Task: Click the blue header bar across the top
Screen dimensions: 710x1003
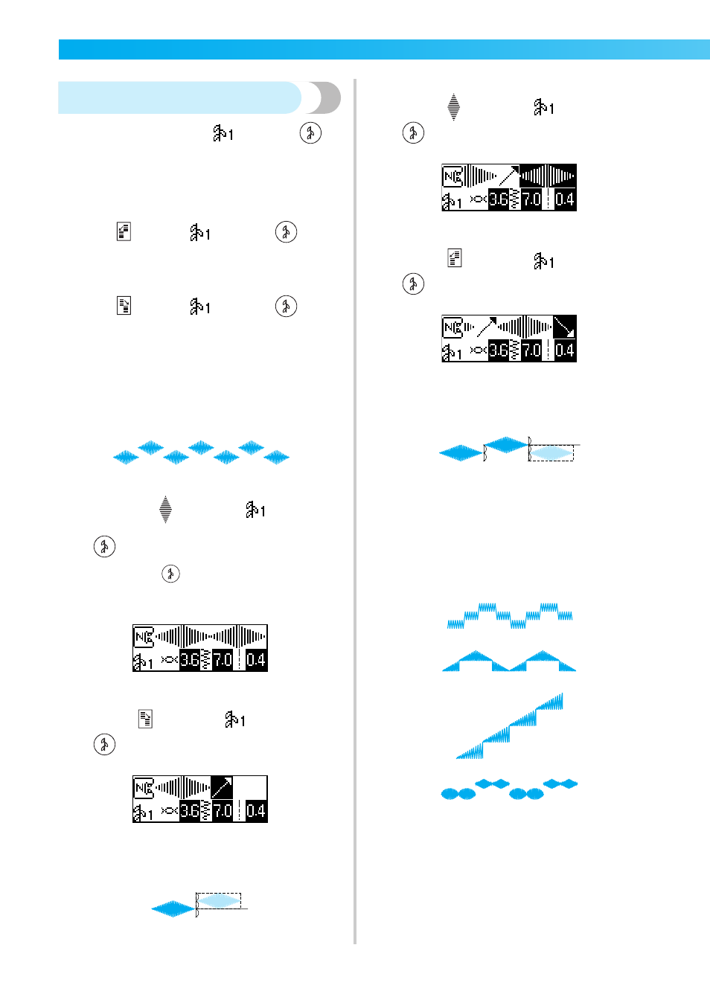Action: (384, 49)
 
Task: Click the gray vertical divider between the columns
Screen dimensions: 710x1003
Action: (355, 511)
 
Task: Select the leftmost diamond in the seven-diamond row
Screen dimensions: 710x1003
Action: (126, 457)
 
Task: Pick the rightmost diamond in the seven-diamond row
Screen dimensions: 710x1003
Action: (276, 457)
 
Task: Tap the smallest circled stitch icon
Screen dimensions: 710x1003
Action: (170, 574)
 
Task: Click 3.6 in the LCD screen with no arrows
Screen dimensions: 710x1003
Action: (190, 660)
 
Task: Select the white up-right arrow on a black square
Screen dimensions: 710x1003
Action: (222, 788)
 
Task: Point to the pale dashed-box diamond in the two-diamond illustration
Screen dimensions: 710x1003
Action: (219, 901)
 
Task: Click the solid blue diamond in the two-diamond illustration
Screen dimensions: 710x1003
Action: (173, 909)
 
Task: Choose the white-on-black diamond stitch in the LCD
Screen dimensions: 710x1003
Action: (548, 176)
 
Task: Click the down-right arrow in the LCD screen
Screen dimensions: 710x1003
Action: (564, 327)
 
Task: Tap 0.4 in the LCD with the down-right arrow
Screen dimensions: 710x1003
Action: (565, 350)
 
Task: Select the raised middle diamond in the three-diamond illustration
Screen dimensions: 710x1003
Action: (506, 445)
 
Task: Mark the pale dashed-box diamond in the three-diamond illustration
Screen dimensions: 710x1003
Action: (551, 452)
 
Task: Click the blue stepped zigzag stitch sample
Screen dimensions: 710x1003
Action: (510, 615)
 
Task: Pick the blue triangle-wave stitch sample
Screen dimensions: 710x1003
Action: (509, 661)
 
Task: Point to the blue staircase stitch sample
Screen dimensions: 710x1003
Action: (509, 726)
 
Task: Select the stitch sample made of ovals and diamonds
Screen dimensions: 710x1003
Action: (509, 789)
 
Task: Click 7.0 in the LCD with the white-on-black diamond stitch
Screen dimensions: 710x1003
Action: (531, 199)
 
